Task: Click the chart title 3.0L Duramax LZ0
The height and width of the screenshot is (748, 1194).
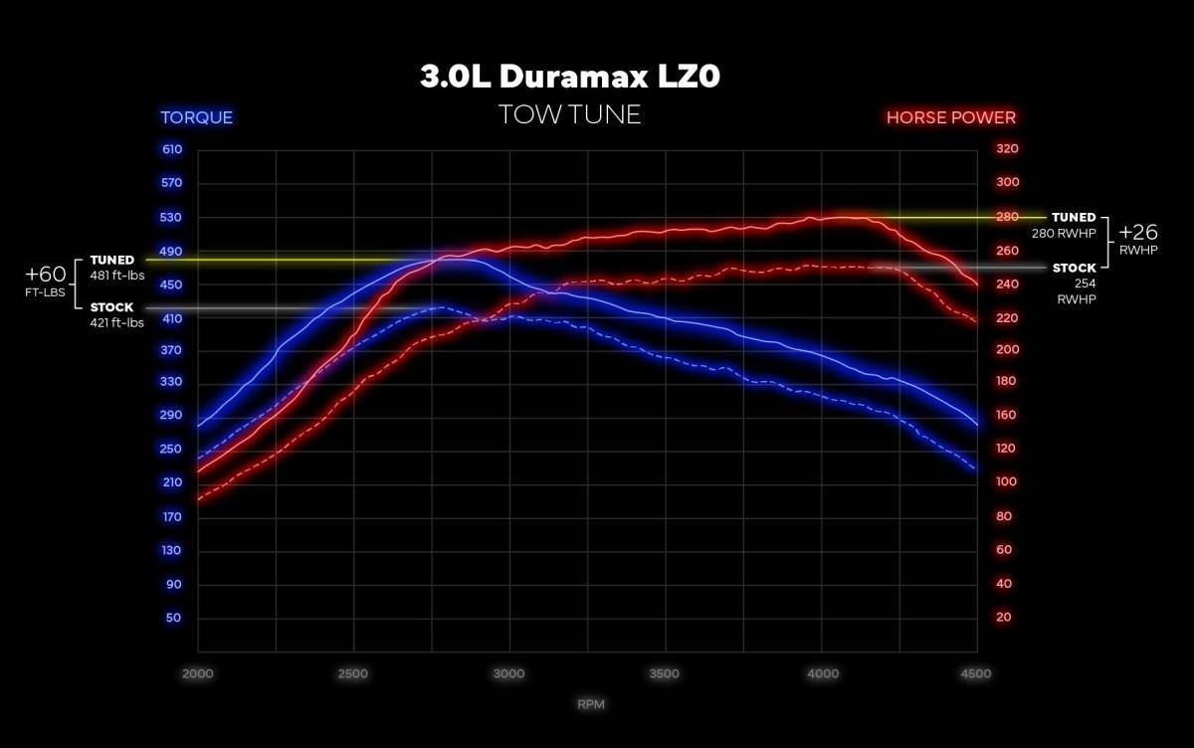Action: point(568,78)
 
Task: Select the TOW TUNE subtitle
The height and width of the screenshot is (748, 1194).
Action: point(569,115)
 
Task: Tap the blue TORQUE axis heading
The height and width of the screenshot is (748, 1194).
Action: point(197,117)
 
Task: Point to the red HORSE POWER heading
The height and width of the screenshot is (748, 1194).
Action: point(950,117)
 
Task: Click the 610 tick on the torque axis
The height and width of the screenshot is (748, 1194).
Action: point(172,149)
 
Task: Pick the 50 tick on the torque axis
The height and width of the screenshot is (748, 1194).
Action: point(174,618)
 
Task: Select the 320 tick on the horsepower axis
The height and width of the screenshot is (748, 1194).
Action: point(1007,149)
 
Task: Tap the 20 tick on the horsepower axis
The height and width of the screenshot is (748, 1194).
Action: point(1003,618)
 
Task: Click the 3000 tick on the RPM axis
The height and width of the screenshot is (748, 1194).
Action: point(508,673)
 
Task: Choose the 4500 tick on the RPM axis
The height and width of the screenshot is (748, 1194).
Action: point(976,673)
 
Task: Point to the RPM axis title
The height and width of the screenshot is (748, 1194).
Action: point(590,704)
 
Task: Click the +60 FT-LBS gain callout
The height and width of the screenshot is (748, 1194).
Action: point(46,280)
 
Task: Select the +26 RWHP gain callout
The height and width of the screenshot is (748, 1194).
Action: point(1138,239)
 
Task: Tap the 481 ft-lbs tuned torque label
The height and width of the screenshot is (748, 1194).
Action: point(117,276)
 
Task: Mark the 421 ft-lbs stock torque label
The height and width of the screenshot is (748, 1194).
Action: point(117,322)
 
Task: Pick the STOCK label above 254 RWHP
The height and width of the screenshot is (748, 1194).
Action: point(1074,268)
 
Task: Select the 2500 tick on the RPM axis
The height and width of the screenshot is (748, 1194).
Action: point(353,673)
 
